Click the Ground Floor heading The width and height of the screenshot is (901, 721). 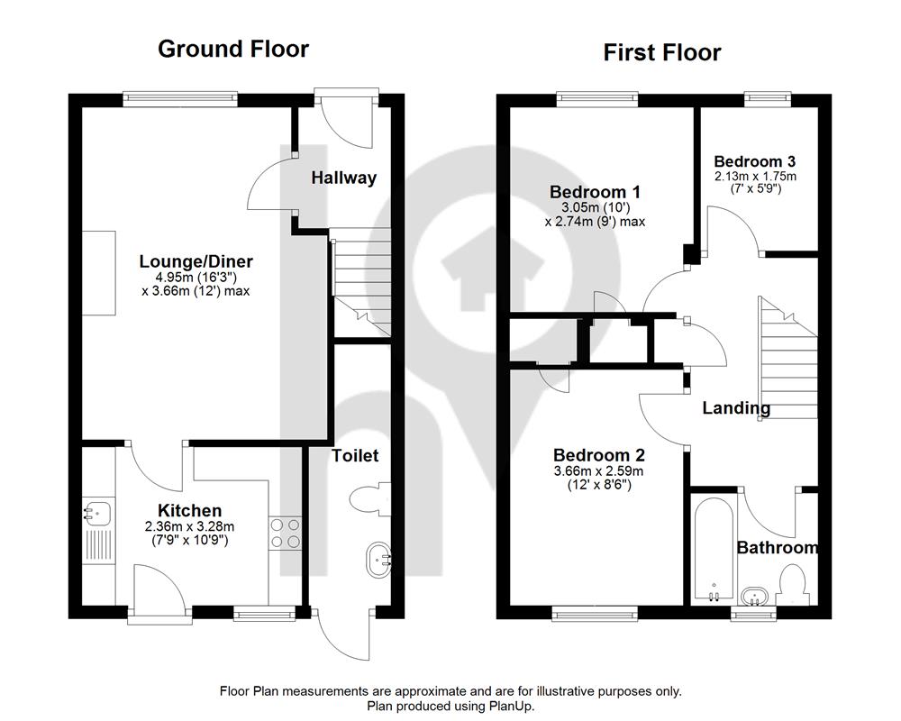233,49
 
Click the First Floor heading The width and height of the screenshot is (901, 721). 662,53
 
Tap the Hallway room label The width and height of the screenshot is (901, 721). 343,178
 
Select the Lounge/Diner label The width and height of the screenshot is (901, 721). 196,261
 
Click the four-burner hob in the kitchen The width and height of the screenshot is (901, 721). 285,533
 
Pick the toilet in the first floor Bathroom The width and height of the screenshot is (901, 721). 793,584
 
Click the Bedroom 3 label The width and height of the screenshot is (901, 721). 755,161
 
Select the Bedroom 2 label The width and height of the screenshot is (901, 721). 599,455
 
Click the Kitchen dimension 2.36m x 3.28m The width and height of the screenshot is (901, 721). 189,526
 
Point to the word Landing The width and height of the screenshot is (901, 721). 736,408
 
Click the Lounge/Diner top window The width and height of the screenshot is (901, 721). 180,99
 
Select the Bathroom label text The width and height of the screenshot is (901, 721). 777,547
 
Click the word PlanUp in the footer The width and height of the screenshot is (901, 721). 512,706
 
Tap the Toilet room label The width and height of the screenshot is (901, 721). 355,456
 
